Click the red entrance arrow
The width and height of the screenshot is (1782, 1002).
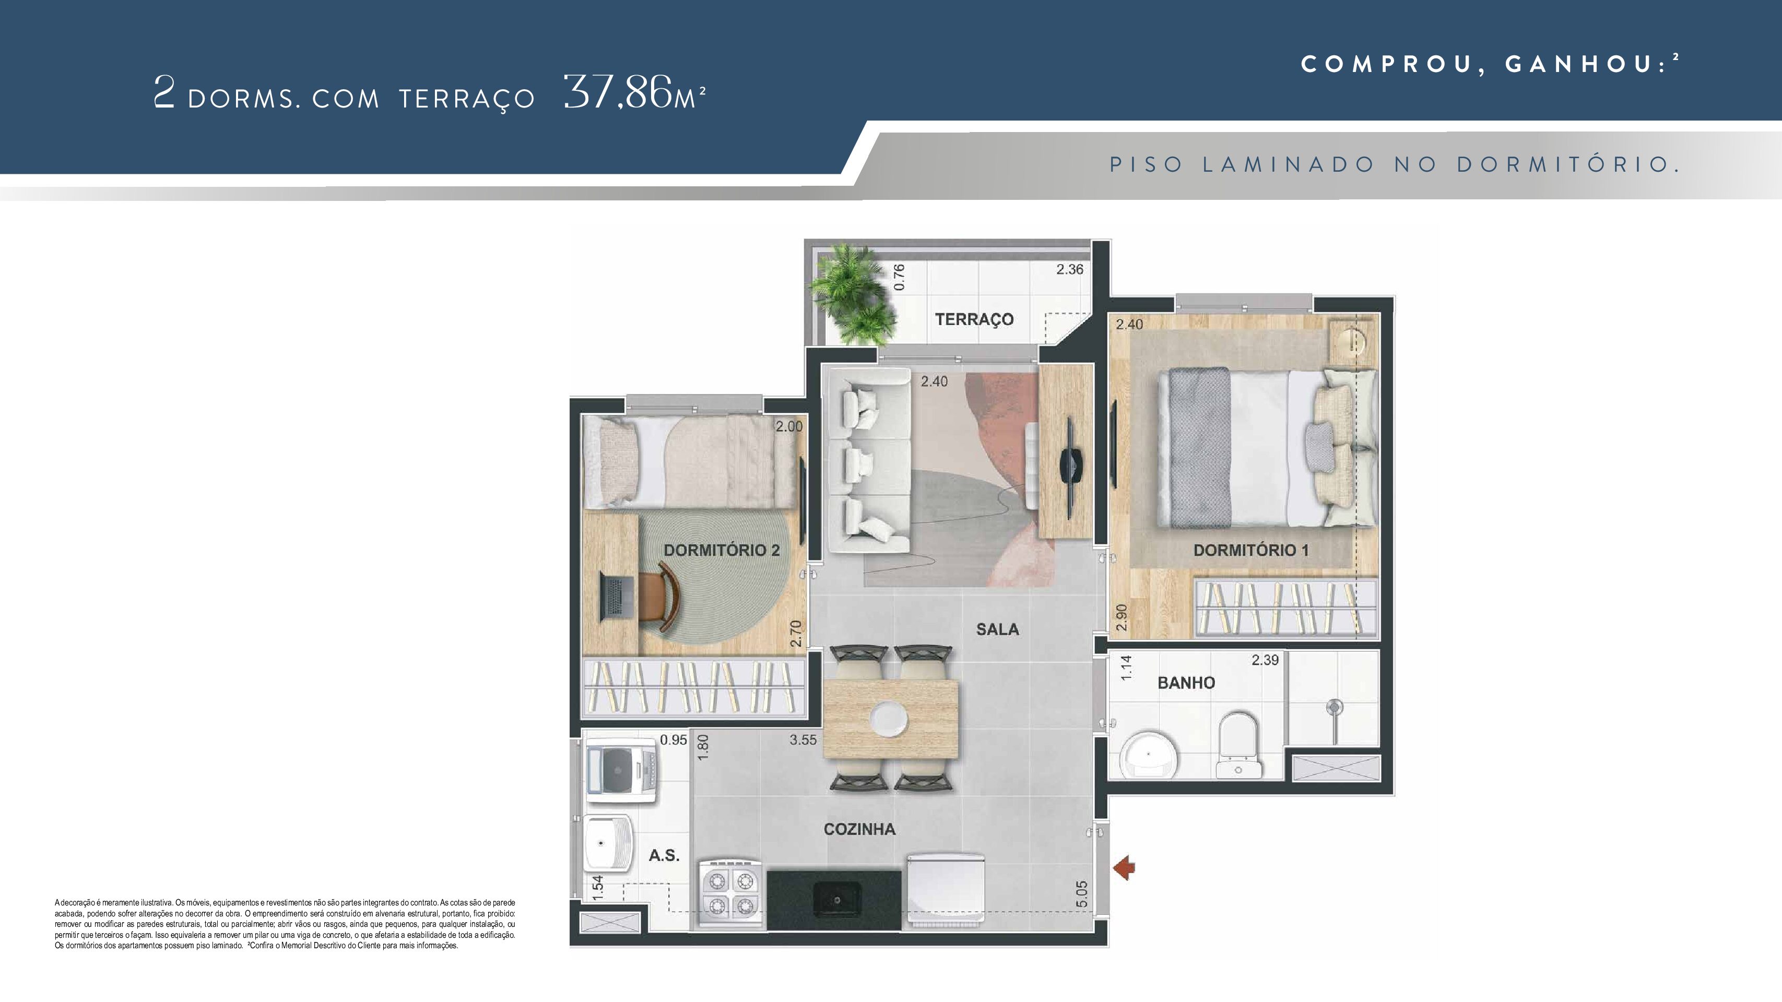click(1124, 867)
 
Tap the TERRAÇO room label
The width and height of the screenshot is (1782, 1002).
click(974, 319)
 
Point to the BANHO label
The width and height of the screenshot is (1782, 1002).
click(1186, 683)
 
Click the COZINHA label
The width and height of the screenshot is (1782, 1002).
click(859, 829)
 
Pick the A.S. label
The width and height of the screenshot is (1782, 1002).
click(664, 855)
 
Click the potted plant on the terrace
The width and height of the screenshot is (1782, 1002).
click(852, 294)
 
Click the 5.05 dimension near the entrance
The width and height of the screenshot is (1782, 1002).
click(1082, 893)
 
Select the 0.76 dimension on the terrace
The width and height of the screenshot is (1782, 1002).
click(899, 277)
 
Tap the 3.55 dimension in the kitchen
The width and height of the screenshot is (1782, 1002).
click(803, 740)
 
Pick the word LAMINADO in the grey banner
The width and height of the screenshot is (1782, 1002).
click(1288, 164)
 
